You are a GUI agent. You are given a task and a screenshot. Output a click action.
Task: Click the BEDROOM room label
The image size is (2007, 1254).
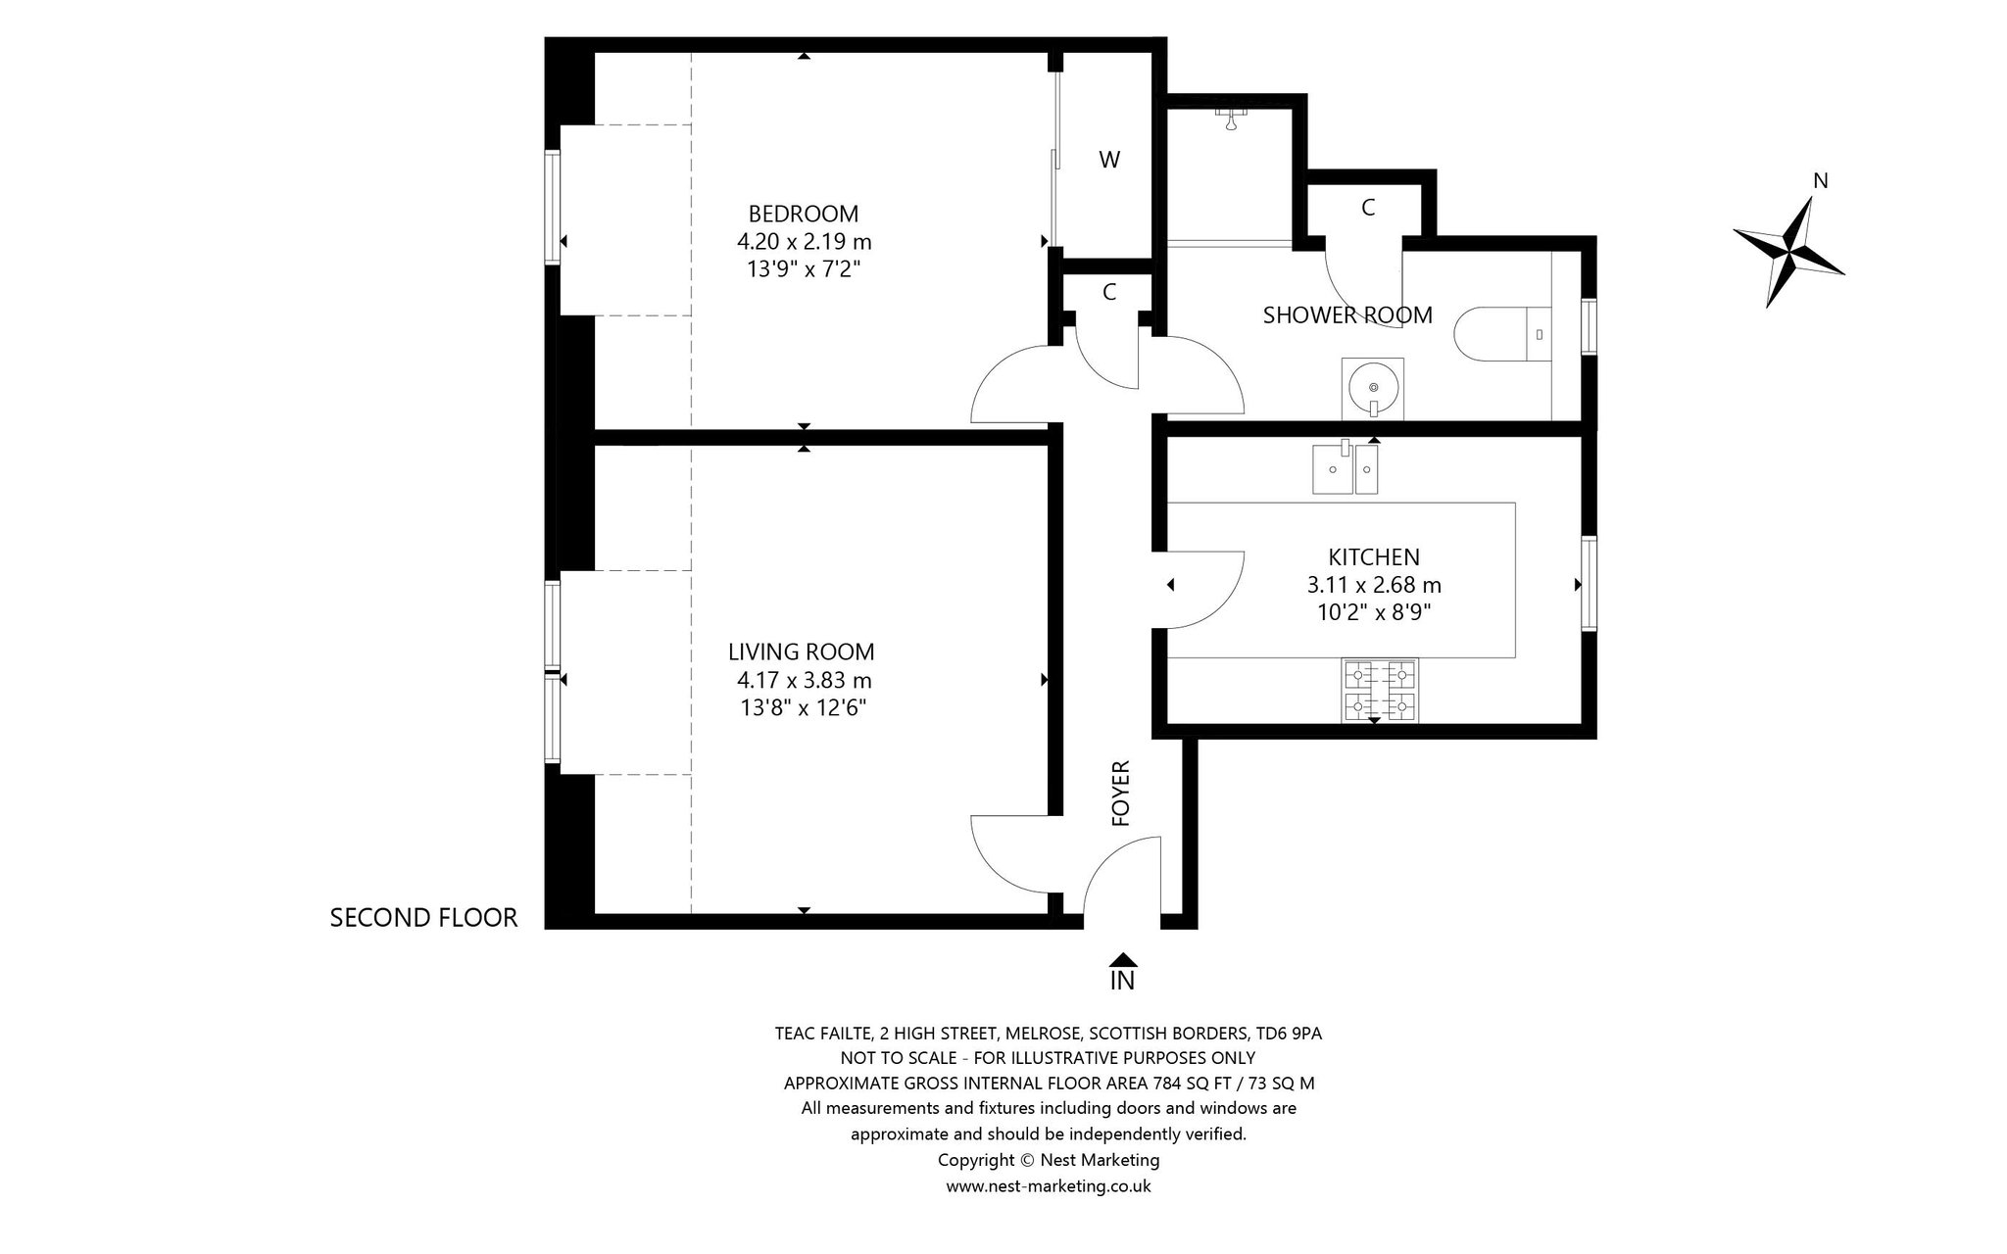pos(804,214)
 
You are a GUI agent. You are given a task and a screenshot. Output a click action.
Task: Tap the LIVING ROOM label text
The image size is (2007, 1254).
pos(802,652)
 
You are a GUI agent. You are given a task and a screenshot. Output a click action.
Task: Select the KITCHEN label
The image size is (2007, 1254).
pos(1374,557)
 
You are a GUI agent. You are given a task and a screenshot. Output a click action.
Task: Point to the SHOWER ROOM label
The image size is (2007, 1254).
pos(1347,315)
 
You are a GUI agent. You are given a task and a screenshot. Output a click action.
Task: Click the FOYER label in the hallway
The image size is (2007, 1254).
pos(1122,794)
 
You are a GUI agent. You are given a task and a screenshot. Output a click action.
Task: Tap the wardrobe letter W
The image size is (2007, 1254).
pos(1109,160)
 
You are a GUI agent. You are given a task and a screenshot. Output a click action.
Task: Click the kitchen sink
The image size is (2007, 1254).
pos(1346,469)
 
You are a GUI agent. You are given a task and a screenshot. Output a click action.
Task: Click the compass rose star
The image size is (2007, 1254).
pos(1789,253)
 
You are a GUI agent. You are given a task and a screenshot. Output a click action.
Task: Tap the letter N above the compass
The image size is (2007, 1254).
pos(1821,180)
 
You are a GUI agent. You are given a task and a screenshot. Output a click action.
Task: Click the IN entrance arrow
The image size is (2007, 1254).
pos(1123,960)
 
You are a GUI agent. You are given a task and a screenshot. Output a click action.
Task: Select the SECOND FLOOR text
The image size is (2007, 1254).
pos(423,918)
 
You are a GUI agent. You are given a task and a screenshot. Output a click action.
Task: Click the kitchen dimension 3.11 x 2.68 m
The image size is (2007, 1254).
pos(1374,586)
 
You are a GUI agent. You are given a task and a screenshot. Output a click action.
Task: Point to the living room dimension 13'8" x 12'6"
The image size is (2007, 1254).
pos(804,707)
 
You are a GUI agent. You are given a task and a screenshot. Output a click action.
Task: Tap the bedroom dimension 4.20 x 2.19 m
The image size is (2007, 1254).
pos(804,241)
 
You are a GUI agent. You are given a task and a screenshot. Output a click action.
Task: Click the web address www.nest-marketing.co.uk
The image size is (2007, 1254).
pos(1049,1186)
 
